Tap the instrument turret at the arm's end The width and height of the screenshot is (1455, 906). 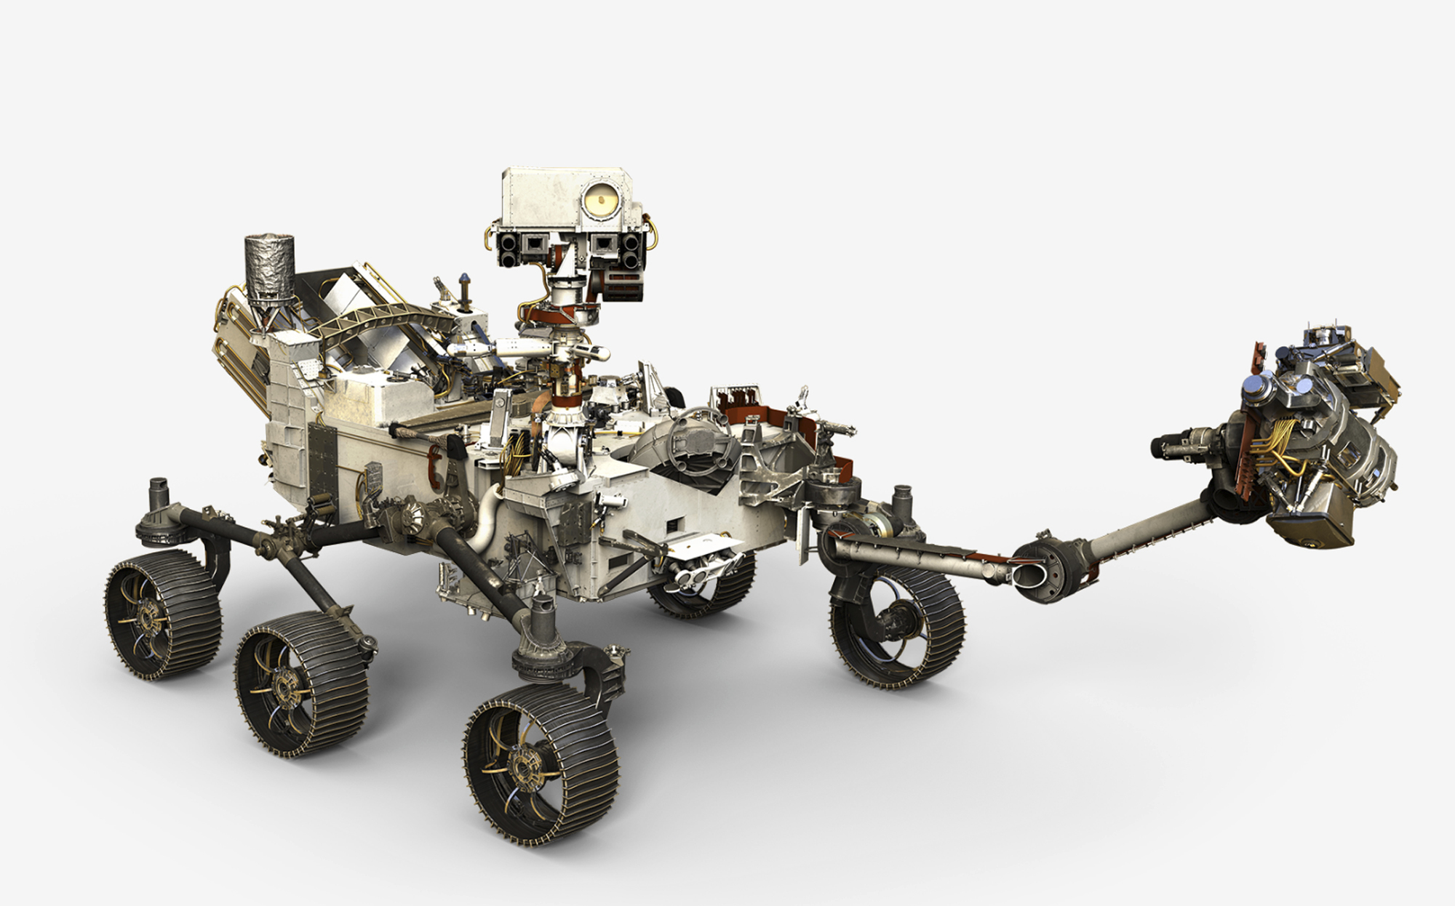(x=1309, y=436)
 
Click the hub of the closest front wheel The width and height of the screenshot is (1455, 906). (x=523, y=763)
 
